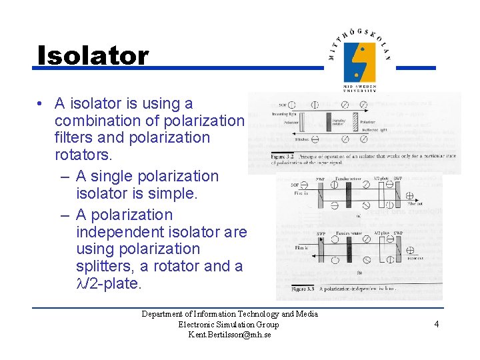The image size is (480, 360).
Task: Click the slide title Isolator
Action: click(x=93, y=55)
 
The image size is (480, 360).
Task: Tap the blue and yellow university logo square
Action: click(x=359, y=62)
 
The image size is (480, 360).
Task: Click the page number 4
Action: click(x=436, y=324)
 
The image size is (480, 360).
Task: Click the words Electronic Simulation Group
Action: click(x=229, y=325)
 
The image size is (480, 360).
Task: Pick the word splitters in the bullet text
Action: click(x=103, y=266)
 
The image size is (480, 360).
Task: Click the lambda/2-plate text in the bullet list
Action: click(x=108, y=283)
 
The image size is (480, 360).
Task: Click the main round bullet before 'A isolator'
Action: click(x=41, y=104)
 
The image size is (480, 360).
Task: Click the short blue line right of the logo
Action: click(x=416, y=67)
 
